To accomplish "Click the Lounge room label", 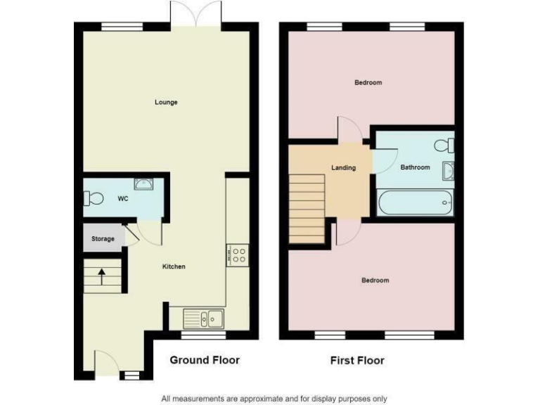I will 166,103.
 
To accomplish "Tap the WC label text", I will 122,199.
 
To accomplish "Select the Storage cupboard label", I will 103,239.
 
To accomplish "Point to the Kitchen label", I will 174,266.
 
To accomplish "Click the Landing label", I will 343,167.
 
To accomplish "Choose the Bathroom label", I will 415,167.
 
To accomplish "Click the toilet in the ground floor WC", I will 93,198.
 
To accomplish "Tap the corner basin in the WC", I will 145,184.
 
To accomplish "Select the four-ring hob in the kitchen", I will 238,255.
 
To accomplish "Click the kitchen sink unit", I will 203,319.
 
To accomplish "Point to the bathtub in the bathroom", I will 415,203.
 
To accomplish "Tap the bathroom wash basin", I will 448,170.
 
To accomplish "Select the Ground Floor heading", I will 205,360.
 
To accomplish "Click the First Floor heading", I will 357,361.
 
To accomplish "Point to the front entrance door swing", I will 108,362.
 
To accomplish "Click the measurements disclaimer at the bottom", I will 274,399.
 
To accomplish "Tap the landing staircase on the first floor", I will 307,209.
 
